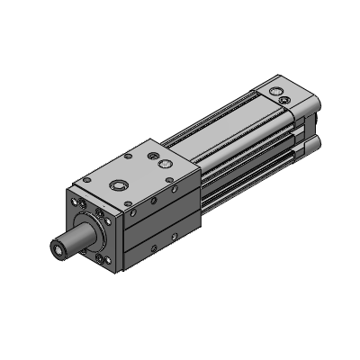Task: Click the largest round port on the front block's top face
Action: pos(121,184)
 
